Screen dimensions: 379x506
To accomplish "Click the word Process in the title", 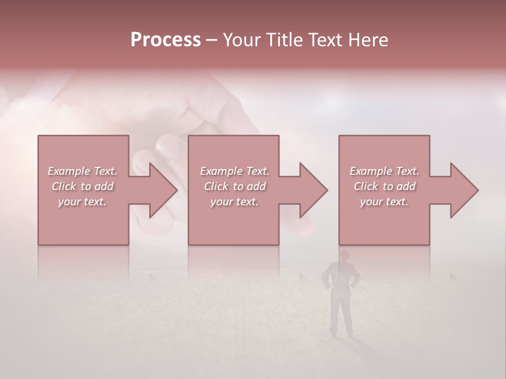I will pos(166,40).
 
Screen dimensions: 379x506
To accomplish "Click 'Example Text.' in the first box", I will pos(82,171).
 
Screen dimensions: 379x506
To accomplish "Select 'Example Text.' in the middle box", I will pos(235,171).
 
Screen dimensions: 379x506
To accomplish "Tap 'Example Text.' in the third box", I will pos(384,171).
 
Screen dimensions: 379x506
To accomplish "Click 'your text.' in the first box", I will pos(82,202).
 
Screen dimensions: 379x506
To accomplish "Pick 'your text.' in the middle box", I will pos(235,202).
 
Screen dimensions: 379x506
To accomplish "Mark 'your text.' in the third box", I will pos(384,202).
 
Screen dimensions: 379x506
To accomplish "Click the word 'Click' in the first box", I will pos(64,186).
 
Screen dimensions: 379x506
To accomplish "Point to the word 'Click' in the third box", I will pos(366,186).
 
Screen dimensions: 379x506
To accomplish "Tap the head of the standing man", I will pos(345,255).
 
